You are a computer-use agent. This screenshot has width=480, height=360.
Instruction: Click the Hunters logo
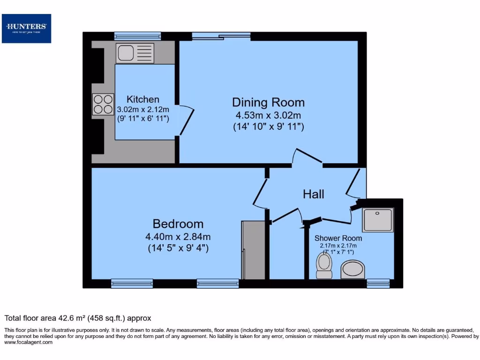tap(26, 28)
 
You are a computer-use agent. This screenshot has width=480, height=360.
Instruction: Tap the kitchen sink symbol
tap(135, 53)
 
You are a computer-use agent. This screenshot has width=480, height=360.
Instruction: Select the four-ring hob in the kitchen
tap(103, 104)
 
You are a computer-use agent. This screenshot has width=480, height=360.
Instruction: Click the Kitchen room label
tap(143, 99)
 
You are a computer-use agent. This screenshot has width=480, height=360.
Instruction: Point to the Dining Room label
tap(268, 102)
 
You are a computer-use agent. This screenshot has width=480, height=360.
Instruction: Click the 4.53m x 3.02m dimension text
tap(268, 115)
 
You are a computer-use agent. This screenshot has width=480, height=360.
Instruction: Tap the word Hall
tap(313, 194)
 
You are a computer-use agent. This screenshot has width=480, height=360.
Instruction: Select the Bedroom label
tap(178, 224)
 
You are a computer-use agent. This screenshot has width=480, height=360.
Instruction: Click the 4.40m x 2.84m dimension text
tap(178, 236)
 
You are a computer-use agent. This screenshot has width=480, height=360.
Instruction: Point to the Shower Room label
tap(338, 238)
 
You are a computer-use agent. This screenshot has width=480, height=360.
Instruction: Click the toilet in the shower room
tap(324, 265)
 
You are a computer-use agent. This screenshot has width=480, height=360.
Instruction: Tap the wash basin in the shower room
tap(352, 270)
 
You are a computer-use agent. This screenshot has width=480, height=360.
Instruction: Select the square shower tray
tap(377, 220)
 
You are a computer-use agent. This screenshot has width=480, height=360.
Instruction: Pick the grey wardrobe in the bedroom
tap(254, 250)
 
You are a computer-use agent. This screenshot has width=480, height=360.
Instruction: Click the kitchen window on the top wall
tap(137, 36)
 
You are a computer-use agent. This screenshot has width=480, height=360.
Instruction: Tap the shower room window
tap(378, 283)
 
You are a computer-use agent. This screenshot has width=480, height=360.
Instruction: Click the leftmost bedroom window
tap(132, 283)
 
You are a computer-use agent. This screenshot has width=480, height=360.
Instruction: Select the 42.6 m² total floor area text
tap(78, 318)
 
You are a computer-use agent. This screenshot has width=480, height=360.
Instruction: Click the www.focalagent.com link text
tap(29, 342)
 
